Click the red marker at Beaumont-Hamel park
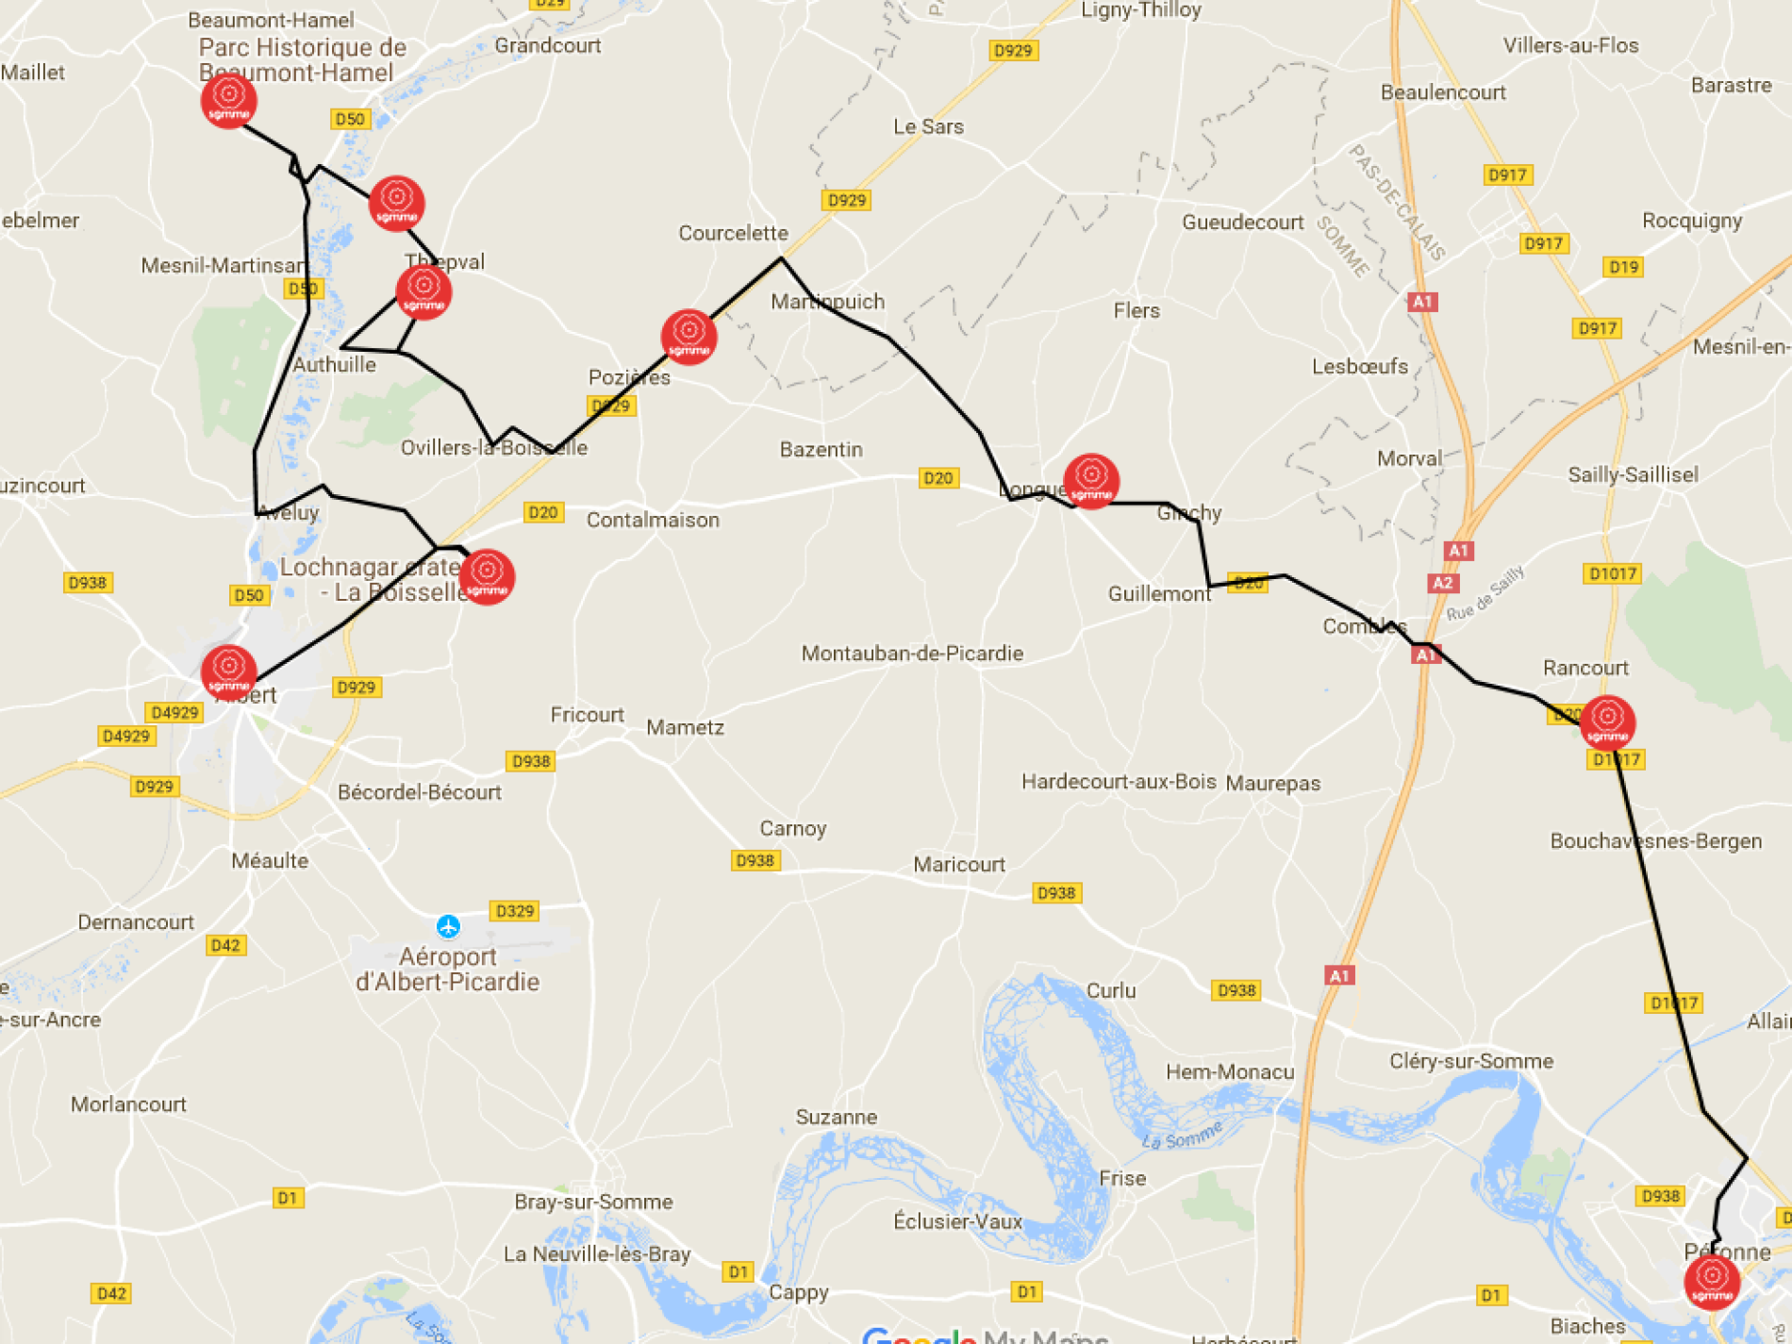[228, 100]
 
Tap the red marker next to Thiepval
[423, 292]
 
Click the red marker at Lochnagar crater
[487, 576]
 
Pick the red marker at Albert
[228, 672]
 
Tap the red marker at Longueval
[1091, 481]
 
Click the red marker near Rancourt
[1607, 722]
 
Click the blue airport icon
[448, 926]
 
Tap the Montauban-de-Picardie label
[912, 653]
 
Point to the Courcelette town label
[733, 233]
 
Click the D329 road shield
[514, 911]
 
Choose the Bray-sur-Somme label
[593, 1202]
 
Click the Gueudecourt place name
[1242, 223]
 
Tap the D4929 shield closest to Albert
[174, 712]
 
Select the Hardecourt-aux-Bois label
[1119, 781]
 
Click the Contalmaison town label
[653, 520]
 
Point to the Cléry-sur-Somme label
[1470, 1061]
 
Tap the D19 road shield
[1623, 267]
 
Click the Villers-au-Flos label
[1570, 45]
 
